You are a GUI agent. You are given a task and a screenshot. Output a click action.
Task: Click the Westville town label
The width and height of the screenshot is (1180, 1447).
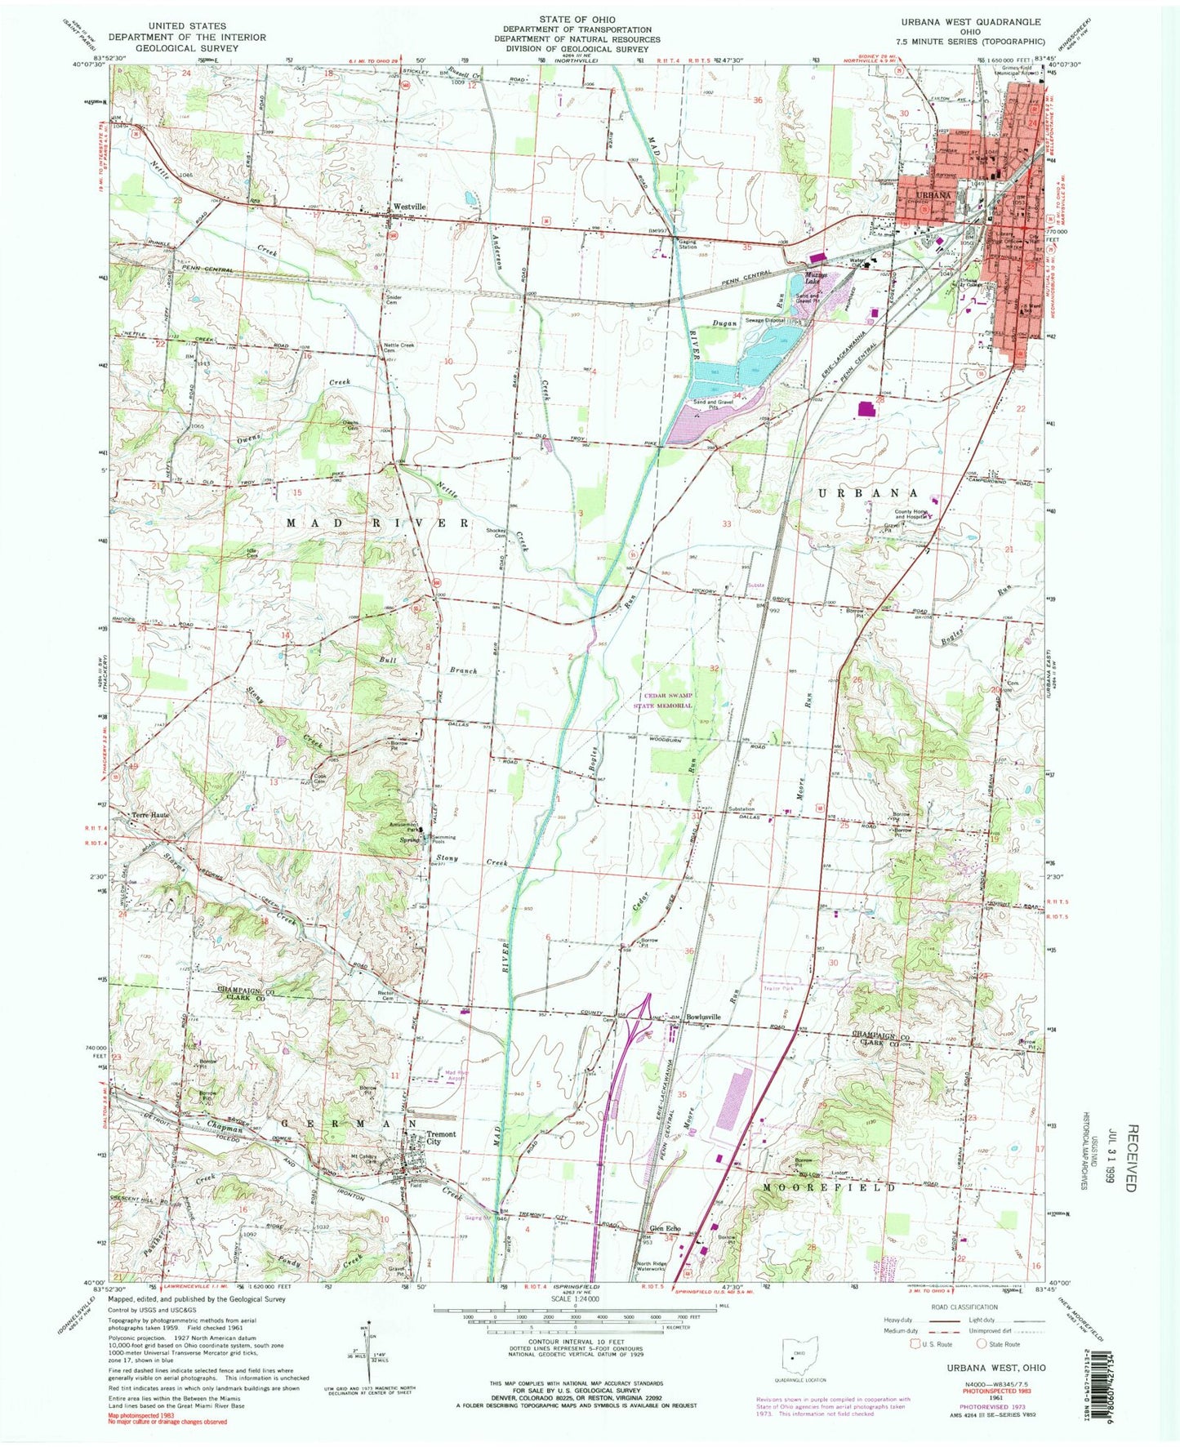410,207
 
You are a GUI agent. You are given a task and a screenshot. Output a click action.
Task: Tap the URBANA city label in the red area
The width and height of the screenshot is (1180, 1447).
933,196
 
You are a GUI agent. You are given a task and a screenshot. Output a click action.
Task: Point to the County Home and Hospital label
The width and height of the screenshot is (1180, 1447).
911,515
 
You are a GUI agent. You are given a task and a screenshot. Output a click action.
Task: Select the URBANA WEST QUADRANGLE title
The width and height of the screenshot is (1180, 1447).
981,22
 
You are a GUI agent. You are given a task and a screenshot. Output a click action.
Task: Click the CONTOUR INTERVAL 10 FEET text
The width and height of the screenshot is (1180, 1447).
576,1365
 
